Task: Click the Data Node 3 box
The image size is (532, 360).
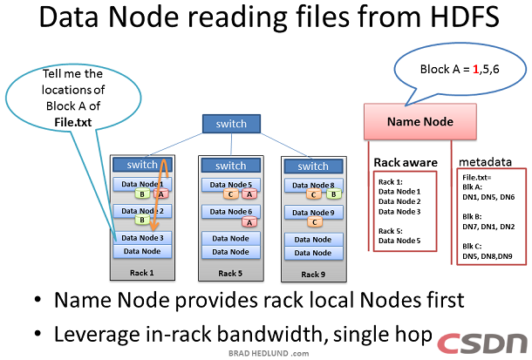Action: pyautogui.click(x=142, y=237)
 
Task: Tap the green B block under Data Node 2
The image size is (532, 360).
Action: pyautogui.click(x=141, y=221)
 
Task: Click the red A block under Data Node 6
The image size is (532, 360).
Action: pyautogui.click(x=249, y=222)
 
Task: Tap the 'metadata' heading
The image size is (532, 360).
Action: pyautogui.click(x=486, y=162)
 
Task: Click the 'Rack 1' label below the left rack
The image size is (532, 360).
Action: pyautogui.click(x=142, y=271)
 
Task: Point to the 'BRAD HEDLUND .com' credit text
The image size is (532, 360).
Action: pyautogui.click(x=265, y=353)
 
